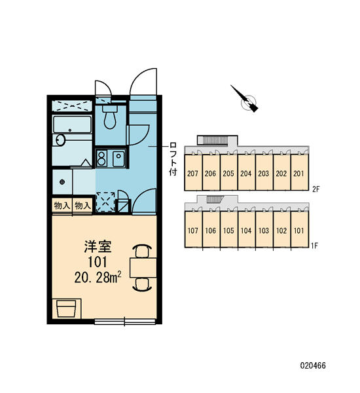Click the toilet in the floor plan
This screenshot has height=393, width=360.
tap(110, 116)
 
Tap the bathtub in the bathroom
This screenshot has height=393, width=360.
tap(72, 124)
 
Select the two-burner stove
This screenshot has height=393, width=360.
tap(101, 159)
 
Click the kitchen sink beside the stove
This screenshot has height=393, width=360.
tap(118, 159)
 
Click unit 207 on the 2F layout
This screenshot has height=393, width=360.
tap(192, 173)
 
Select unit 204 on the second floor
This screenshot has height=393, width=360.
tap(245, 173)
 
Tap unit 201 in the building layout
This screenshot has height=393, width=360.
tap(299, 173)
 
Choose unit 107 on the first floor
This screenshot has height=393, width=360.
tap(192, 231)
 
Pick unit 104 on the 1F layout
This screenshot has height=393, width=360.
tap(245, 231)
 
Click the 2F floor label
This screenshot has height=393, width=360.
tap(316, 189)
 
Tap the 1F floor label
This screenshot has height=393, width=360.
tap(314, 246)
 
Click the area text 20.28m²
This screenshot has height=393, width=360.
tap(98, 278)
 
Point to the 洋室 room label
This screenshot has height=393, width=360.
tap(98, 246)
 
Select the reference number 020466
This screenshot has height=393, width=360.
tap(313, 365)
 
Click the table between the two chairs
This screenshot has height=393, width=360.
tap(143, 268)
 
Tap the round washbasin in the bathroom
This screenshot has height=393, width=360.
tap(60, 140)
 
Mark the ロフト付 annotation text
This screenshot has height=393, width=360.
tap(173, 159)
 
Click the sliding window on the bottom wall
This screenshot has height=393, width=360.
tap(125, 322)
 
